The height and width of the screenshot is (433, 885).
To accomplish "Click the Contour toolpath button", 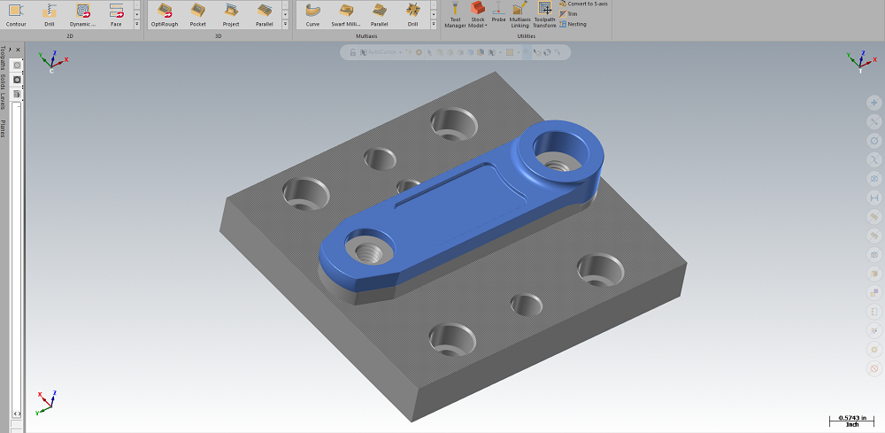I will [16, 13].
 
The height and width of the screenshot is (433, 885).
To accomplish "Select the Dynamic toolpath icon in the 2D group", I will [82, 13].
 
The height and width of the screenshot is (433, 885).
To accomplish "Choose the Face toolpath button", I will [116, 13].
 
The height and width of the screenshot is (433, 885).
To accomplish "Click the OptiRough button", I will [164, 13].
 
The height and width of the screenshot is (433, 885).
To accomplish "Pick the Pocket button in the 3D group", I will [197, 13].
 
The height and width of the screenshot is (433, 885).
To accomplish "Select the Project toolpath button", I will [231, 13].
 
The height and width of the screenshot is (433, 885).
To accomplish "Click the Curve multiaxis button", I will [312, 13].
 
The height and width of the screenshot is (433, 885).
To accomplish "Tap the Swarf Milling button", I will [345, 13].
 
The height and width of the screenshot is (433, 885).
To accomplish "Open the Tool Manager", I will [455, 13].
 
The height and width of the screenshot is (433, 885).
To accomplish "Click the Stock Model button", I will [477, 13].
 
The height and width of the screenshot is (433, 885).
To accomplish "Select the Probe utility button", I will [499, 13].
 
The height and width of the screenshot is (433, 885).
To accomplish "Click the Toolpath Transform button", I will [544, 13].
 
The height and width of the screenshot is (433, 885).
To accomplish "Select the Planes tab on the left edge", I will [4, 128].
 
